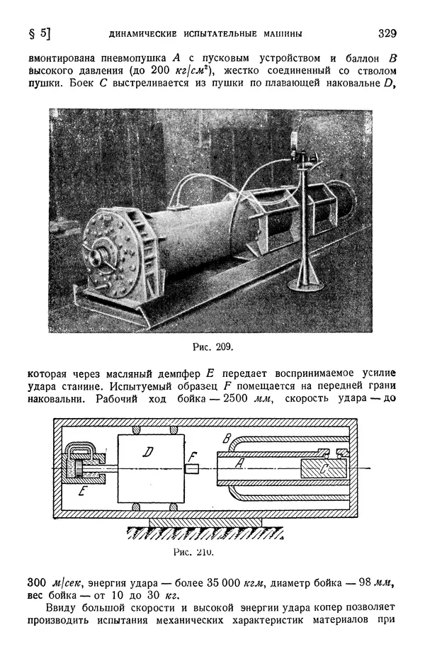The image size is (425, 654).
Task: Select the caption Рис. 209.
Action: point(212,347)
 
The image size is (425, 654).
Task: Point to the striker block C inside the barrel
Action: point(322,468)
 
